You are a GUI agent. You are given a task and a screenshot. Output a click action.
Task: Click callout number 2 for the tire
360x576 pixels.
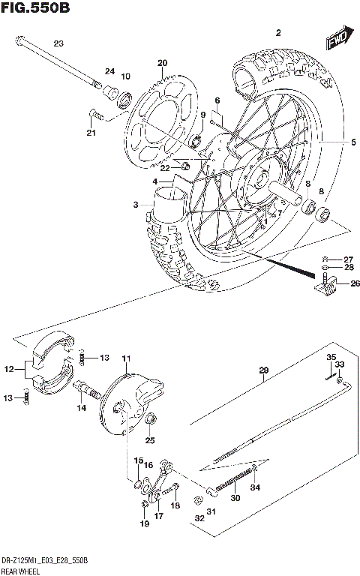278,32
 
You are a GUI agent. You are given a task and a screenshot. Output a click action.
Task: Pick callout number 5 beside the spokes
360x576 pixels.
333,142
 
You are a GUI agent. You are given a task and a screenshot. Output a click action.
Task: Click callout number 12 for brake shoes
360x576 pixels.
9,368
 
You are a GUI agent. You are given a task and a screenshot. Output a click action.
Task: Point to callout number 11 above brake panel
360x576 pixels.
127,358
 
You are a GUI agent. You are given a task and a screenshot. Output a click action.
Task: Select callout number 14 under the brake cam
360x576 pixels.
80,407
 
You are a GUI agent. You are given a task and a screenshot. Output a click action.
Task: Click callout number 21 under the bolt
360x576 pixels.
91,133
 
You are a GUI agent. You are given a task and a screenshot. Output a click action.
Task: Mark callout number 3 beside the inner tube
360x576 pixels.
135,205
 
